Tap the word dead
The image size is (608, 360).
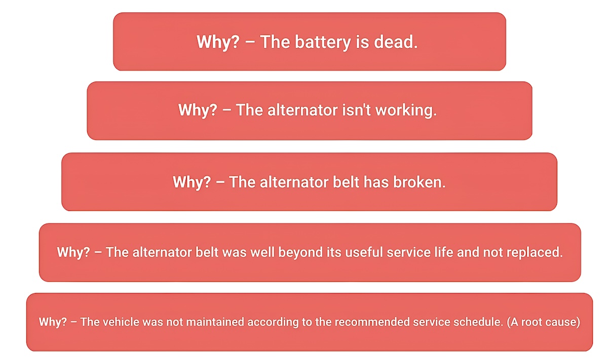396,42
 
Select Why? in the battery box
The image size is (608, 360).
218,42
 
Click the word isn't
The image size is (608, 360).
356,110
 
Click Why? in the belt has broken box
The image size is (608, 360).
192,182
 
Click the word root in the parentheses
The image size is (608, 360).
532,322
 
